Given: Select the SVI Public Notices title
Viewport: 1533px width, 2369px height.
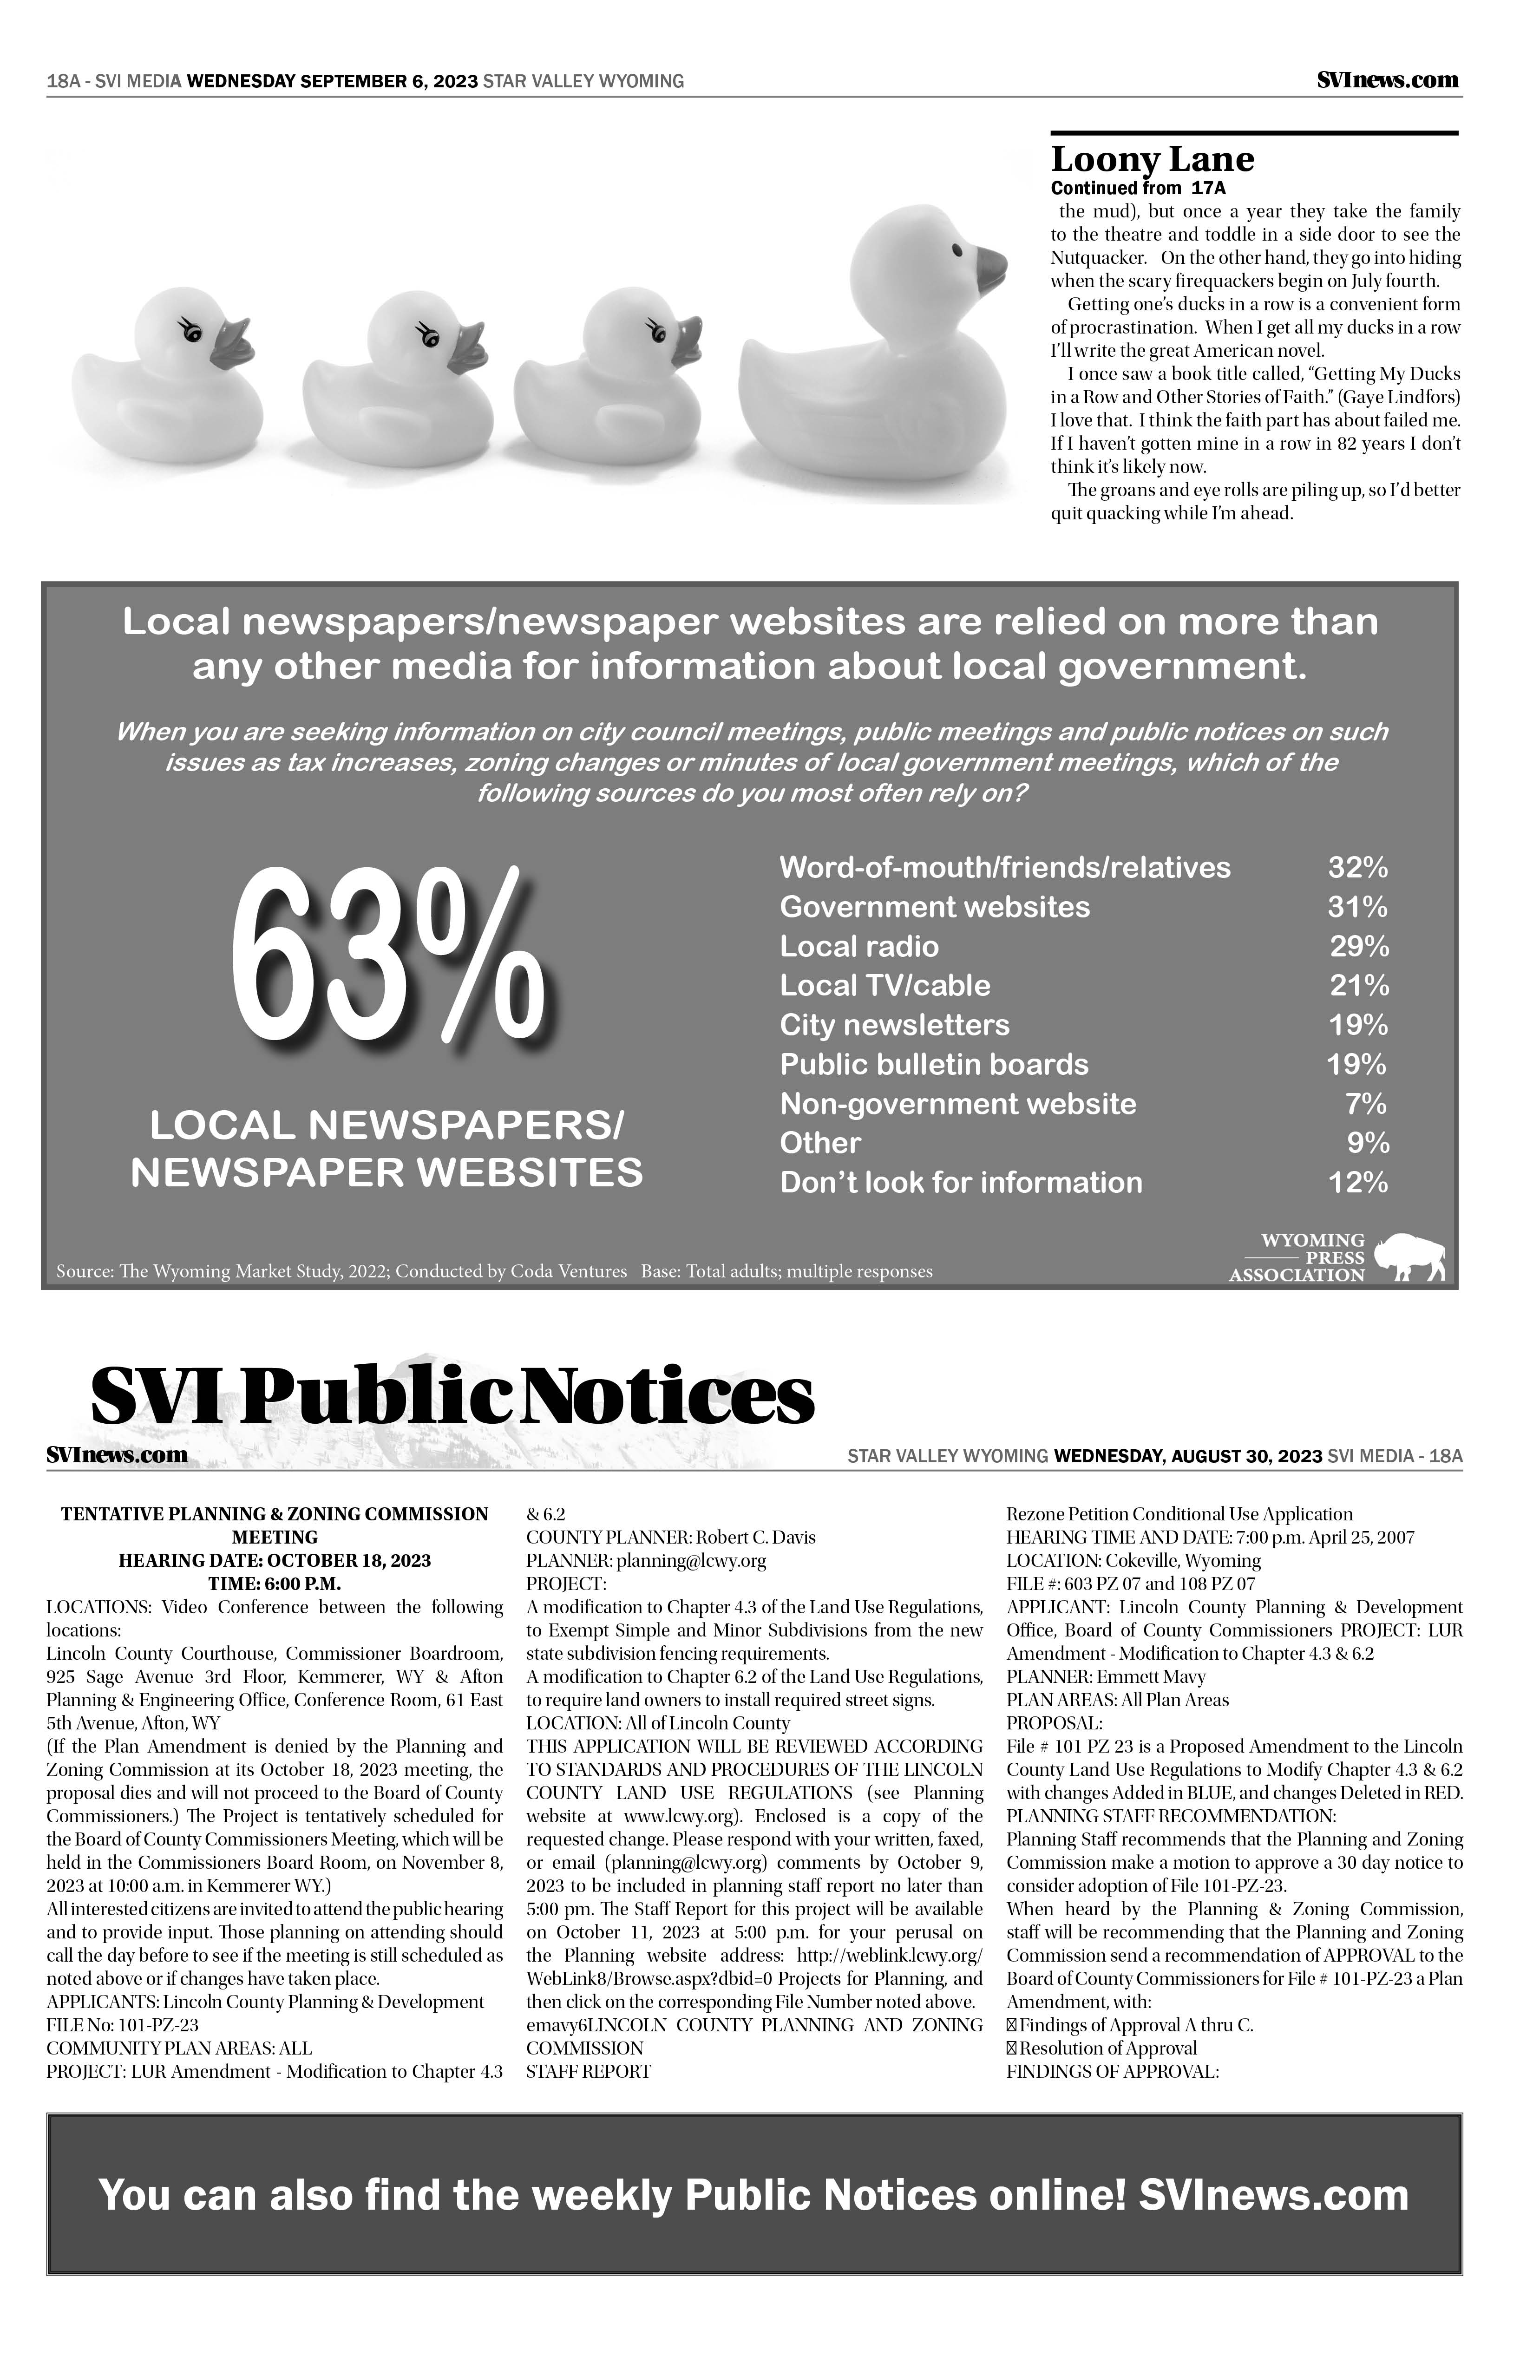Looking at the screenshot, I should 453,1399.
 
